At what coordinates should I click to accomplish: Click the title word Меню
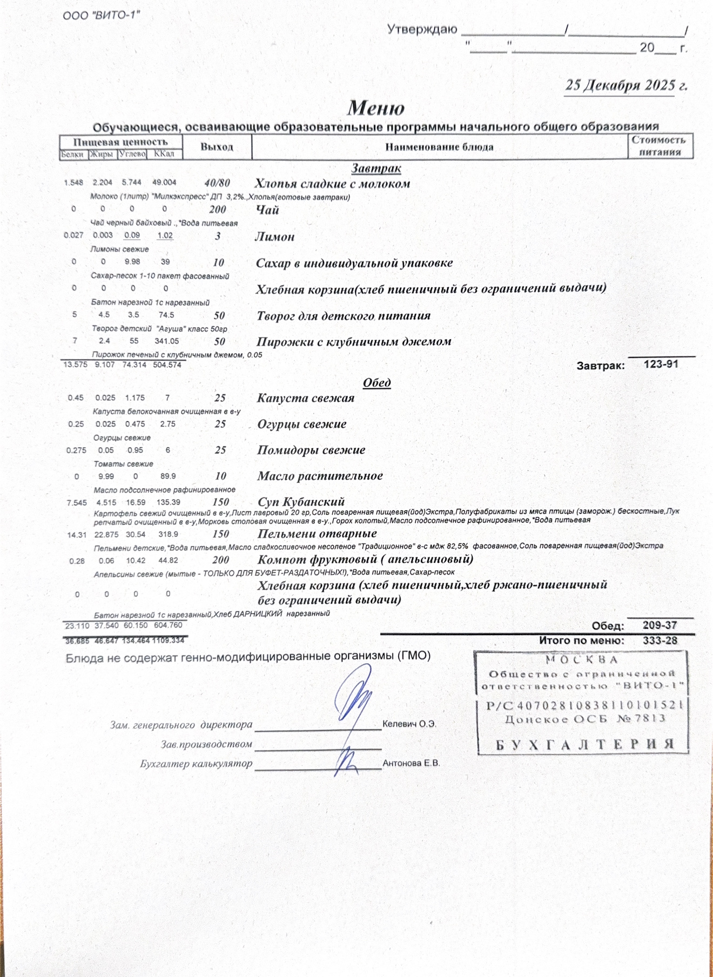point(375,108)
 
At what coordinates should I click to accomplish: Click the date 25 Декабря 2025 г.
point(625,85)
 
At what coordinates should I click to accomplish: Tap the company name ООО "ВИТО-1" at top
point(101,15)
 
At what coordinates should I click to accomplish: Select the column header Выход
point(217,147)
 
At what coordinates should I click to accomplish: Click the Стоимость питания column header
point(659,146)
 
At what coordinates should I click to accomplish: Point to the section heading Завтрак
point(376,169)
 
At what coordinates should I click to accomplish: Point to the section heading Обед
point(376,382)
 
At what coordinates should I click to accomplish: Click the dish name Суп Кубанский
point(301,502)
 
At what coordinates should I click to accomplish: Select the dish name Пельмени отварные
point(317,534)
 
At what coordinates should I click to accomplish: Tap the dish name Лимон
point(275,237)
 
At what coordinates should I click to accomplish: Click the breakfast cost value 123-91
point(661,364)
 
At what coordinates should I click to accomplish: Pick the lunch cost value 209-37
point(660,625)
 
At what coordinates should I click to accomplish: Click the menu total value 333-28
point(660,641)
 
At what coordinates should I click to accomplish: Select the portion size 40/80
point(217,183)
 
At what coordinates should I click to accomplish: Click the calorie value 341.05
point(166,341)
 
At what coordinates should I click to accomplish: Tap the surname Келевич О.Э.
point(409,724)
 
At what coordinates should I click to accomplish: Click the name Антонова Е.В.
point(411,763)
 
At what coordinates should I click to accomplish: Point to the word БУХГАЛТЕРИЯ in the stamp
point(585,744)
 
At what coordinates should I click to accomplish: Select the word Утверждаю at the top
point(422,29)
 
